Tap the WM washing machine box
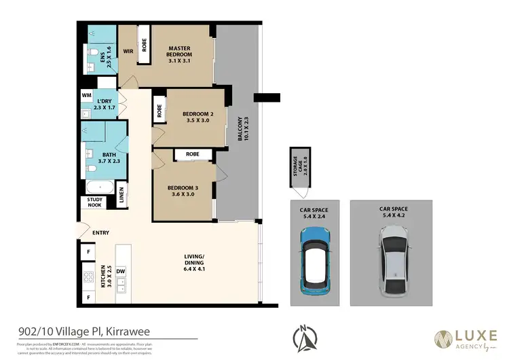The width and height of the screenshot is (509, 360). point(87,95)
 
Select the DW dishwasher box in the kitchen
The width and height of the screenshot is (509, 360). point(120,271)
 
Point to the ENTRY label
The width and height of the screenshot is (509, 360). point(100,233)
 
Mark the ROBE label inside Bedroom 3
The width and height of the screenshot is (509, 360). point(192,155)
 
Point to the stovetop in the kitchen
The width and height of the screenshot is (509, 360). point(88,278)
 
